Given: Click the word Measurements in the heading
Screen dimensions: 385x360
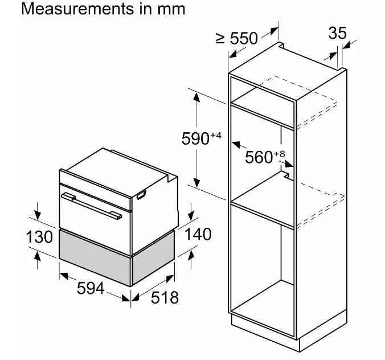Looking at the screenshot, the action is (x=77, y=9).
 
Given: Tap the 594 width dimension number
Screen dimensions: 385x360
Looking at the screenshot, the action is (x=91, y=288).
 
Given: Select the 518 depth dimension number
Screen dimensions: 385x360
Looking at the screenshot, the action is (x=165, y=297).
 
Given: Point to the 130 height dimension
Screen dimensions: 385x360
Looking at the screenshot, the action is (x=39, y=237).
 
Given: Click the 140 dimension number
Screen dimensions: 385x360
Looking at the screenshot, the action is (x=198, y=234).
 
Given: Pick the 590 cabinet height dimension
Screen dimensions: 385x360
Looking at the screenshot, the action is (x=195, y=139).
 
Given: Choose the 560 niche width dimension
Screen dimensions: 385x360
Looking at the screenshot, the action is (x=259, y=157).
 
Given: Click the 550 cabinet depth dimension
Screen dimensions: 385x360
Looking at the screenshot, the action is (x=244, y=38).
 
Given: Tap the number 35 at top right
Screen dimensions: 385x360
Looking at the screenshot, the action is (x=337, y=33).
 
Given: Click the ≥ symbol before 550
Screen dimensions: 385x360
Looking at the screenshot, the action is (x=220, y=39).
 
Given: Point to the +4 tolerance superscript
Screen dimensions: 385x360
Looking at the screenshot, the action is (x=216, y=135).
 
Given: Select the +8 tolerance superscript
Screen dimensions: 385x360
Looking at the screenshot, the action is (x=279, y=154).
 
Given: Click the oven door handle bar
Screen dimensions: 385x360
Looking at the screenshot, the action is (x=91, y=206).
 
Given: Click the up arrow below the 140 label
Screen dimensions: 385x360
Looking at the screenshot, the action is (x=191, y=260).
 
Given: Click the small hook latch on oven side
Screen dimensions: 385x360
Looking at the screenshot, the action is (x=141, y=195).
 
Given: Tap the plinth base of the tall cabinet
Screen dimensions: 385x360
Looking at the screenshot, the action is (x=290, y=333).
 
